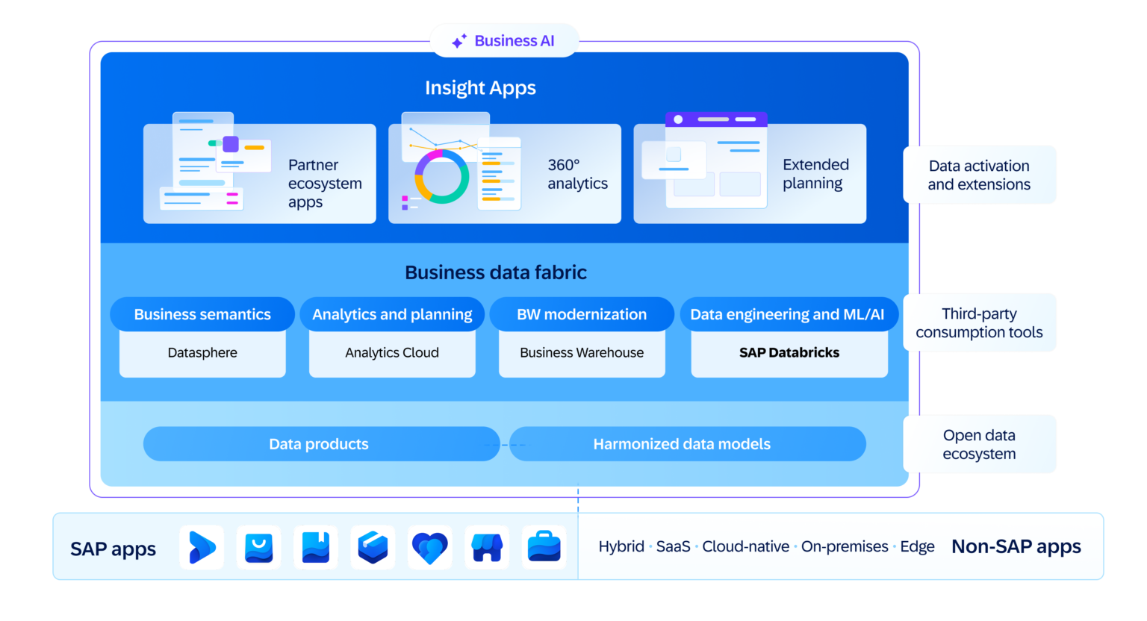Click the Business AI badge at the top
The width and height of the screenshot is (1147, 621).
(505, 41)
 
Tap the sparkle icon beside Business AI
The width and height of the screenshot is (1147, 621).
(459, 41)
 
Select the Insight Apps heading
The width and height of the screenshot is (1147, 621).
(480, 88)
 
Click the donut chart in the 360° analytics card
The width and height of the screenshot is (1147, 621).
(442, 177)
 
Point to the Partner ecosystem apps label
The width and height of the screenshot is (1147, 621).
(324, 184)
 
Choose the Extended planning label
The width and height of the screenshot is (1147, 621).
(815, 174)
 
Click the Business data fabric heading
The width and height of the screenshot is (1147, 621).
(496, 272)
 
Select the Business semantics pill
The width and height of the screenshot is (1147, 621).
(202, 314)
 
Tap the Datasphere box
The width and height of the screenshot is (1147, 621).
(202, 353)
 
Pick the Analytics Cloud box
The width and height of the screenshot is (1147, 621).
(392, 353)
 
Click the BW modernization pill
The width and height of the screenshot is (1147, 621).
(582, 314)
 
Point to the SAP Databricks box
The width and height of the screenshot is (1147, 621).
(789, 353)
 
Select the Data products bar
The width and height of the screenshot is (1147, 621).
(320, 444)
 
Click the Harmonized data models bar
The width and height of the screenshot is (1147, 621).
(682, 444)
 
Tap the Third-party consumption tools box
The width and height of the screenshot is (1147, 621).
(979, 323)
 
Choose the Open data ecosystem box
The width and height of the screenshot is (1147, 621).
(979, 445)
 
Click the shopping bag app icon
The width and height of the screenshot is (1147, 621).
(259, 548)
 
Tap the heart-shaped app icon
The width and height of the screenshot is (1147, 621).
(430, 548)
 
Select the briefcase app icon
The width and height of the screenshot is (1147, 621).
(544, 548)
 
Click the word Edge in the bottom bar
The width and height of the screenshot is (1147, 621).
(917, 547)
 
